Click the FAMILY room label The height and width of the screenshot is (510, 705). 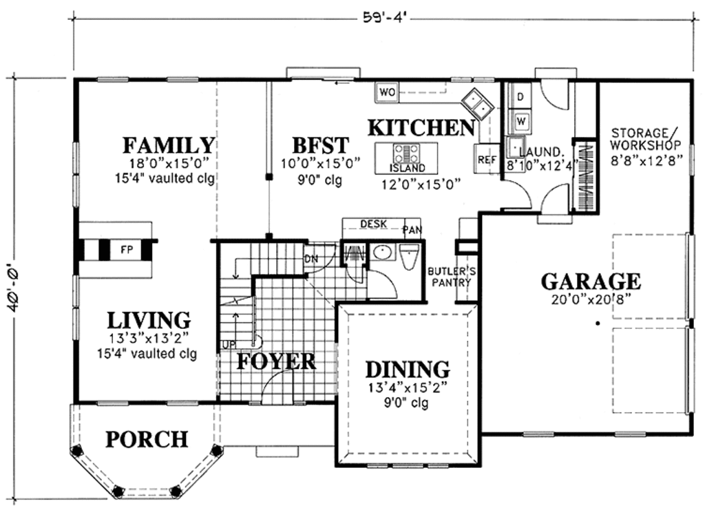pos(169,146)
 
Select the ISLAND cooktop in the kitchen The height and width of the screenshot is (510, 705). pos(406,153)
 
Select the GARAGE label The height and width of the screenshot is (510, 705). pos(590,281)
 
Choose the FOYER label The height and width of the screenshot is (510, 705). pos(276,361)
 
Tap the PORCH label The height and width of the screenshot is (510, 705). pos(146,438)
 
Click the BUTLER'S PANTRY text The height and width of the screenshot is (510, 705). pos(449,276)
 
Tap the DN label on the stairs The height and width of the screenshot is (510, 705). pos(311,259)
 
